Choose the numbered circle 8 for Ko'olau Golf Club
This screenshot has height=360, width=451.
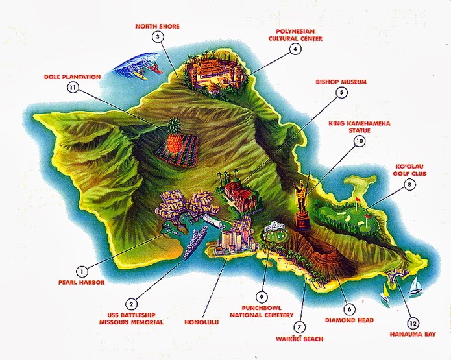point(409,185)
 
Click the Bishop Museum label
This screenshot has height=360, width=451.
point(341,82)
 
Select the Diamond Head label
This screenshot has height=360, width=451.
point(347,320)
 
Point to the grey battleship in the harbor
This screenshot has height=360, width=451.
point(193,245)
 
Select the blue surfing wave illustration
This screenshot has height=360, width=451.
point(133,65)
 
